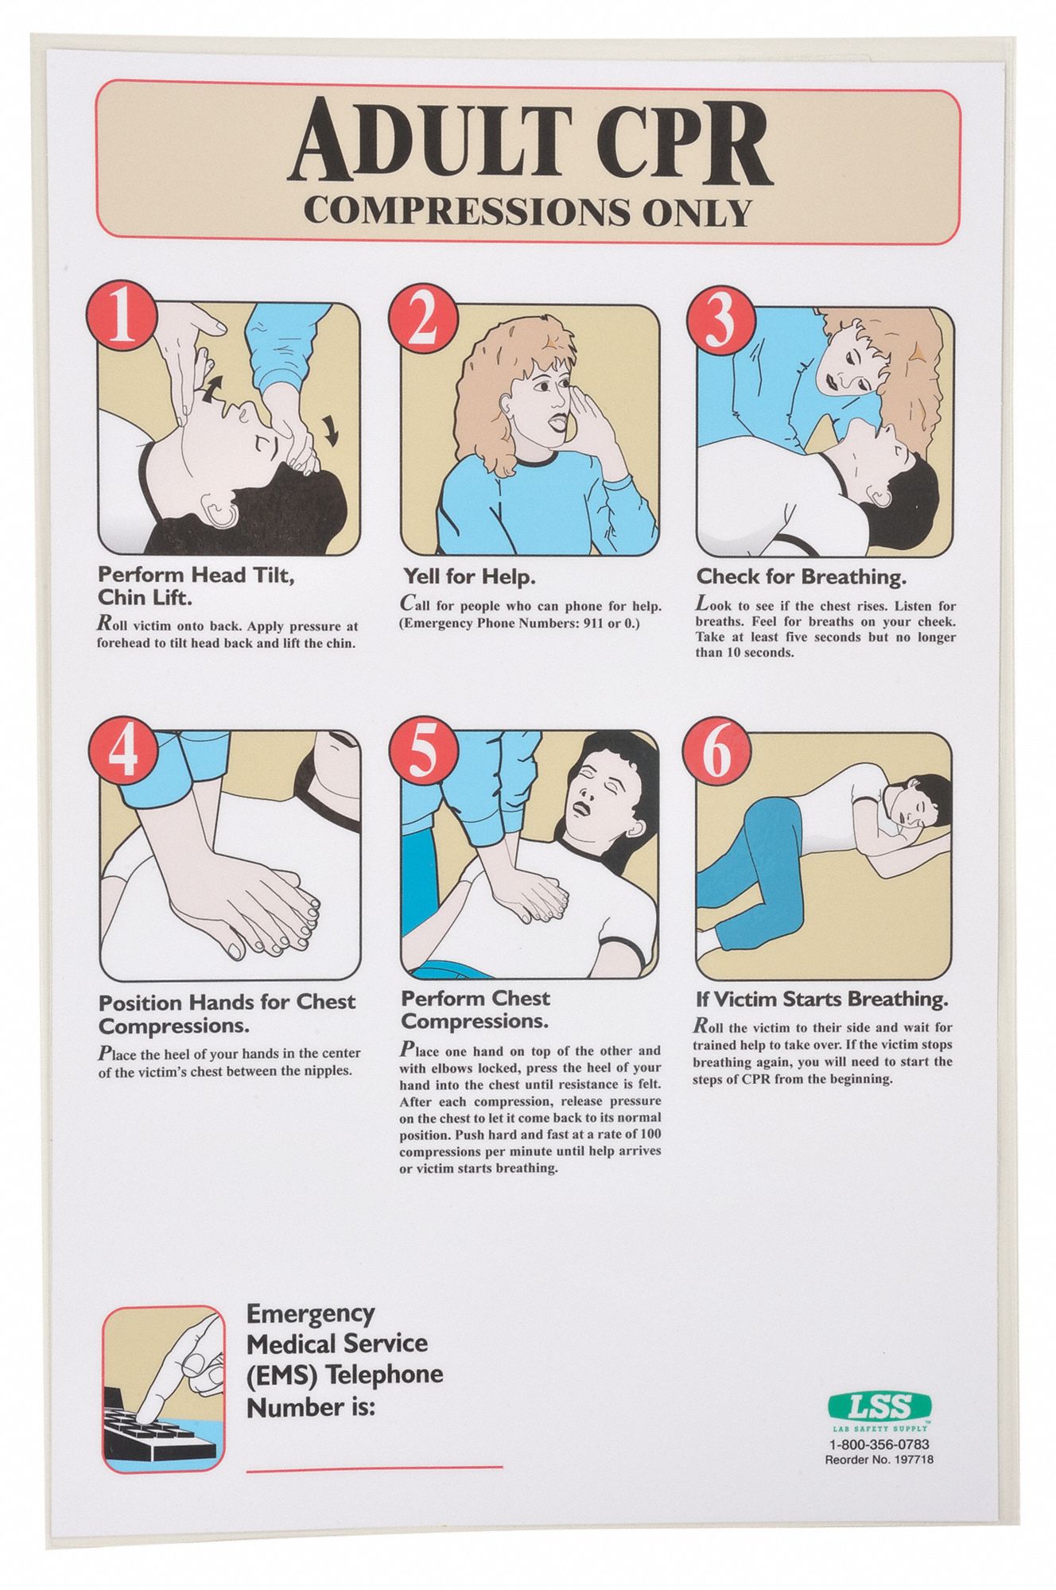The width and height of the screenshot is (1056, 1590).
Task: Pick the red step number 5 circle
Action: click(x=422, y=750)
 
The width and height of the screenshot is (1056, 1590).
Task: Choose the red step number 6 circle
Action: click(x=718, y=750)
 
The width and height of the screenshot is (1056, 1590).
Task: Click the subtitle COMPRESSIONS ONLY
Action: click(x=527, y=212)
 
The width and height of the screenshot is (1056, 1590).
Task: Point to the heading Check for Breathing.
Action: click(x=802, y=576)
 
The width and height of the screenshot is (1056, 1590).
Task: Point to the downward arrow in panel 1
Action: click(x=330, y=429)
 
